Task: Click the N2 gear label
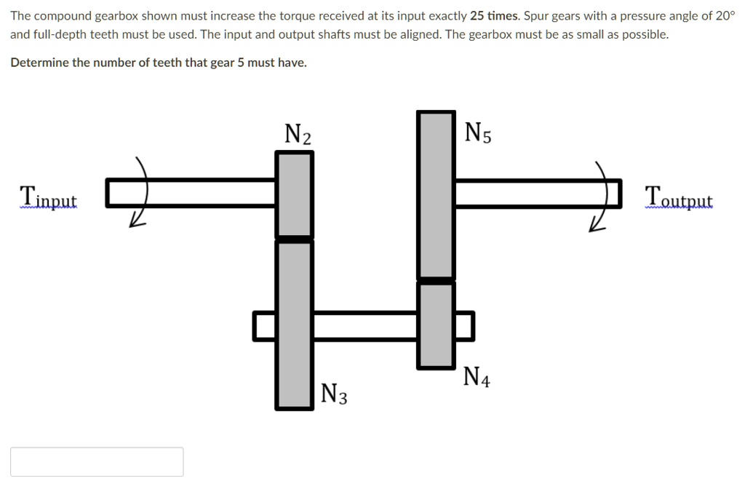click(298, 134)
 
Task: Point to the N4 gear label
click(477, 376)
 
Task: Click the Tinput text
click(48, 197)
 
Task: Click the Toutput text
click(678, 196)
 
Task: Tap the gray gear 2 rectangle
click(295, 194)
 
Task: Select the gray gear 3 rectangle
click(295, 325)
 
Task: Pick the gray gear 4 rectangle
click(436, 325)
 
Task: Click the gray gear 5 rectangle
click(436, 194)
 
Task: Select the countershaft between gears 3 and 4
click(365, 325)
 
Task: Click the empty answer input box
click(97, 461)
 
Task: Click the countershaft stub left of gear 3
click(264, 325)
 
